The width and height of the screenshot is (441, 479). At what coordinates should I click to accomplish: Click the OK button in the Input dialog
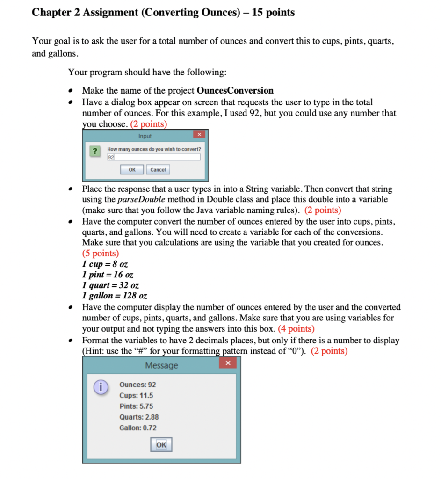pos(132,170)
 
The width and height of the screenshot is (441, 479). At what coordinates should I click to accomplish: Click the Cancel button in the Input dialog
pos(158,170)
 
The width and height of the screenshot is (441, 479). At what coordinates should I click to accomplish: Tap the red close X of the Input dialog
pos(199,135)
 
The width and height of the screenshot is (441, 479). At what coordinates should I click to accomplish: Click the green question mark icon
pos(95,151)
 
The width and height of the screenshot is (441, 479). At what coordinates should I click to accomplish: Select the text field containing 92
pos(153,157)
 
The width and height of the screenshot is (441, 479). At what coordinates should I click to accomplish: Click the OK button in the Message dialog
pos(161,444)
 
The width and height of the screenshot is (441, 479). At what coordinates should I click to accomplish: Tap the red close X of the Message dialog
pos(228,363)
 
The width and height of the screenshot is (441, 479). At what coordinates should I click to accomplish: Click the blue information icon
pos(98,386)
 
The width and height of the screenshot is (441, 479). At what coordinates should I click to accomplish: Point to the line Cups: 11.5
pos(136,395)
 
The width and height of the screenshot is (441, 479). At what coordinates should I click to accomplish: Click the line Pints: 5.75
pos(136,406)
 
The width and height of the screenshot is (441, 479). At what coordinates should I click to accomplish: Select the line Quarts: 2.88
pos(139,417)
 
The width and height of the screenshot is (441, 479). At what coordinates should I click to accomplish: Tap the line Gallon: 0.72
pos(138,428)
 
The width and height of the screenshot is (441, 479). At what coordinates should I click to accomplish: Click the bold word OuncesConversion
pos(235,90)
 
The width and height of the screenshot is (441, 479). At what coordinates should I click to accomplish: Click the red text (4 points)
pos(296,329)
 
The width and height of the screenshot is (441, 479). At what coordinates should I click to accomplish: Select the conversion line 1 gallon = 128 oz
pos(115,296)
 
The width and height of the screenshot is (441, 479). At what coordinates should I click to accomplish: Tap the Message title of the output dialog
pos(161,365)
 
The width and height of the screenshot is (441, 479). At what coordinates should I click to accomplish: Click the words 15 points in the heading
pos(273,13)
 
